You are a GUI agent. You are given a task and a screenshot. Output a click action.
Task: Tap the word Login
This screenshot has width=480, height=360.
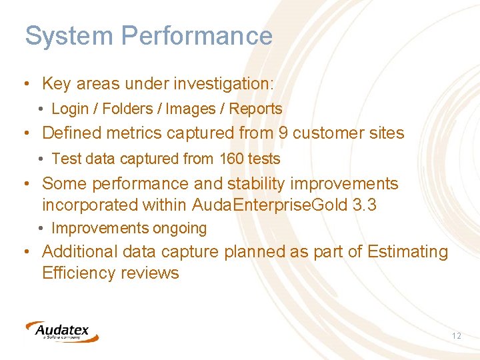(x=70, y=109)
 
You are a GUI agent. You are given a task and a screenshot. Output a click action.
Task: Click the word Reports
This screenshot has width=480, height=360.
(x=255, y=109)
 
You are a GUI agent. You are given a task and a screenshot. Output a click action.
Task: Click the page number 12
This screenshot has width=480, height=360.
(x=456, y=336)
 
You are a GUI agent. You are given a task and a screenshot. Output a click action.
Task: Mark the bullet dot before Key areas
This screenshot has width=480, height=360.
(x=25, y=85)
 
